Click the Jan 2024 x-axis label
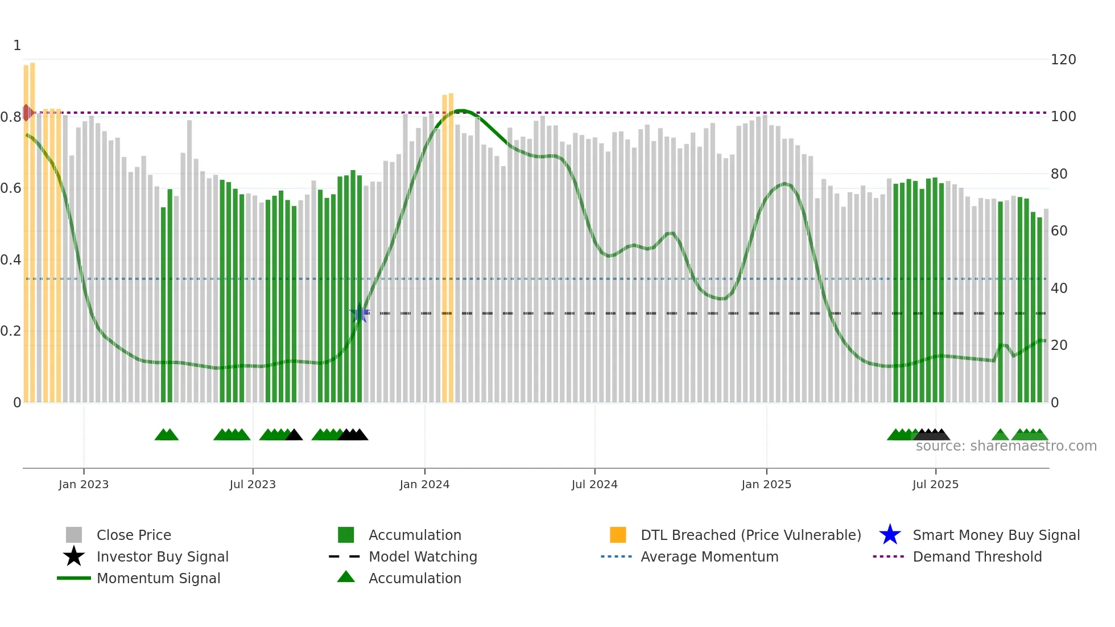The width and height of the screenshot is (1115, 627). tap(424, 484)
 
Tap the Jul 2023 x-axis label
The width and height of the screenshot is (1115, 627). tap(253, 484)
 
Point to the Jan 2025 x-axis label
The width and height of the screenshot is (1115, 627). tap(766, 484)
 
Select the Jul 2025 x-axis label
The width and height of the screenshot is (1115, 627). tap(935, 484)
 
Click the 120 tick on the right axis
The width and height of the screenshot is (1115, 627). tap(1063, 60)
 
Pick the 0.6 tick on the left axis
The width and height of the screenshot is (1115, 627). tap(11, 188)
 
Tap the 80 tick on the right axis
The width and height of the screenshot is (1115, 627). tap(1059, 174)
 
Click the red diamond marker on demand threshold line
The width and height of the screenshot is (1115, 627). tap(27, 113)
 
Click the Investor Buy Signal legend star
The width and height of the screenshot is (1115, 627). tap(74, 556)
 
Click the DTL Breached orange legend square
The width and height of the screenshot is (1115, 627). tap(618, 535)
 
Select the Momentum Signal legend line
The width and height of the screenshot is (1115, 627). tap(74, 578)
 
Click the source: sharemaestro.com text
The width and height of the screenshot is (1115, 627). tap(1006, 446)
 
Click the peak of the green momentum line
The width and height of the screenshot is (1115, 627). tap(461, 110)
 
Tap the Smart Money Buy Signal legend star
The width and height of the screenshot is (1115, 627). tap(890, 535)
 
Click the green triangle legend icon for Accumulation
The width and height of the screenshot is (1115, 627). tap(346, 577)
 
